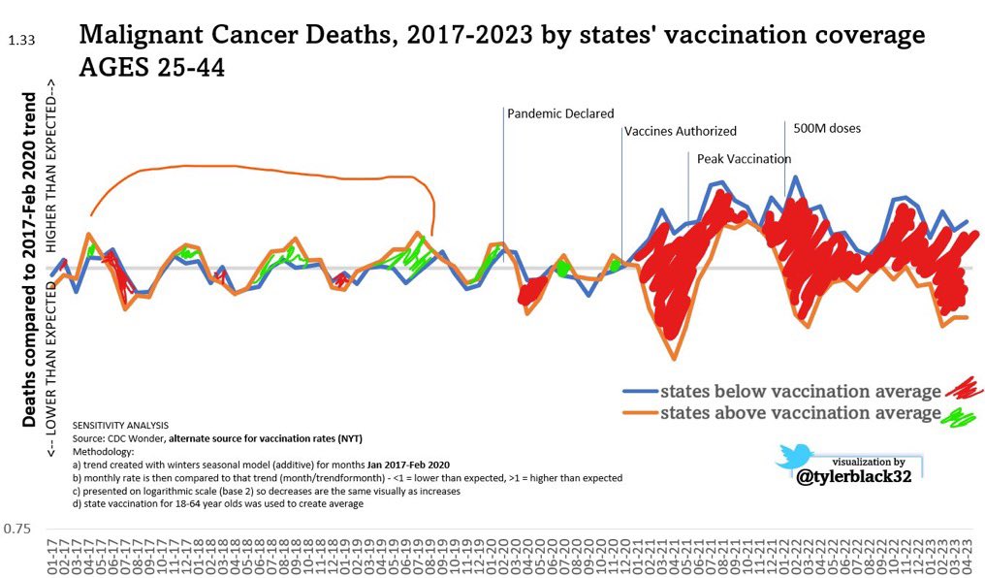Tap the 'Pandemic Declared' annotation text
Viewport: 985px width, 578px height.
(x=560, y=113)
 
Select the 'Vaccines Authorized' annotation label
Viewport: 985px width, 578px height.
(x=680, y=131)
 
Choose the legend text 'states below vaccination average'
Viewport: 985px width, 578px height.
(x=800, y=392)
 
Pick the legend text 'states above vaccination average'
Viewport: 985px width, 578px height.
(x=800, y=414)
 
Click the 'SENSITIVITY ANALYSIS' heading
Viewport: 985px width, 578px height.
(x=120, y=425)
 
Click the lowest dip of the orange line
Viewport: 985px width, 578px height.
(x=675, y=360)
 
